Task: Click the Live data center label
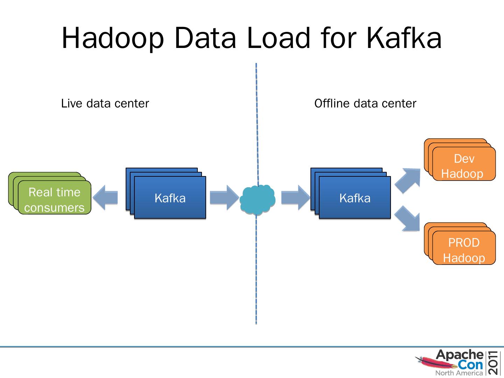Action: (x=105, y=104)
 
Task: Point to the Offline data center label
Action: (x=365, y=104)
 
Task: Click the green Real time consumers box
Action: (x=54, y=199)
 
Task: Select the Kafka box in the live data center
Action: (x=170, y=198)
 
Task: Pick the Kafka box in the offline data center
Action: (x=355, y=198)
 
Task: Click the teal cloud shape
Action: (x=257, y=199)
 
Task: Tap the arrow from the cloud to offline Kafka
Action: (x=295, y=198)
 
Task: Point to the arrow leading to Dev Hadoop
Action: (x=408, y=180)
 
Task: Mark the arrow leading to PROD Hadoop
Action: (x=408, y=218)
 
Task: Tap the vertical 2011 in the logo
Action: (x=494, y=363)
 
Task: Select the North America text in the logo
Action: (x=459, y=373)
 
